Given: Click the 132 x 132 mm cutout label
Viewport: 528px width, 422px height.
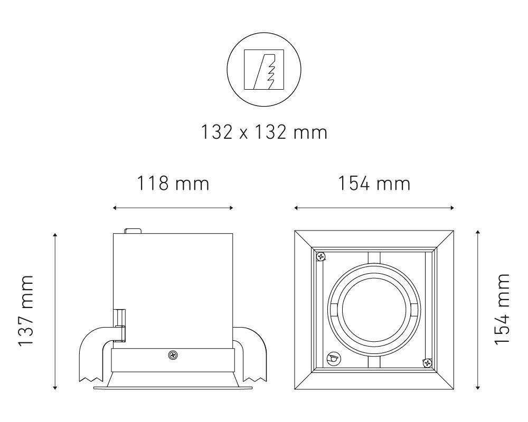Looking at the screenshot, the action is [x=264, y=132].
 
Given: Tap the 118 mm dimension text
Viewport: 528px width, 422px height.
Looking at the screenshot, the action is [x=173, y=184].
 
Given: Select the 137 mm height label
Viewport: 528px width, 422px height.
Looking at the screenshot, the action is [x=26, y=311].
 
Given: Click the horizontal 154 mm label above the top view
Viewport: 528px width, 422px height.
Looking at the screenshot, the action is [x=374, y=184].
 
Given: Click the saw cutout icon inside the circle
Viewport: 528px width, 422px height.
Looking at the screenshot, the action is [x=264, y=70].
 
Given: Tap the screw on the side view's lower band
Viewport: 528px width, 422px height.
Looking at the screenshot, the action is [x=173, y=354].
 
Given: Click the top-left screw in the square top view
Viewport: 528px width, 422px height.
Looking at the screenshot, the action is [x=321, y=257].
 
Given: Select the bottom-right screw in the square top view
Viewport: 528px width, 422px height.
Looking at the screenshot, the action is [x=427, y=363].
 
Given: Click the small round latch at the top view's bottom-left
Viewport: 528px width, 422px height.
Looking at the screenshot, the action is [x=333, y=358].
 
